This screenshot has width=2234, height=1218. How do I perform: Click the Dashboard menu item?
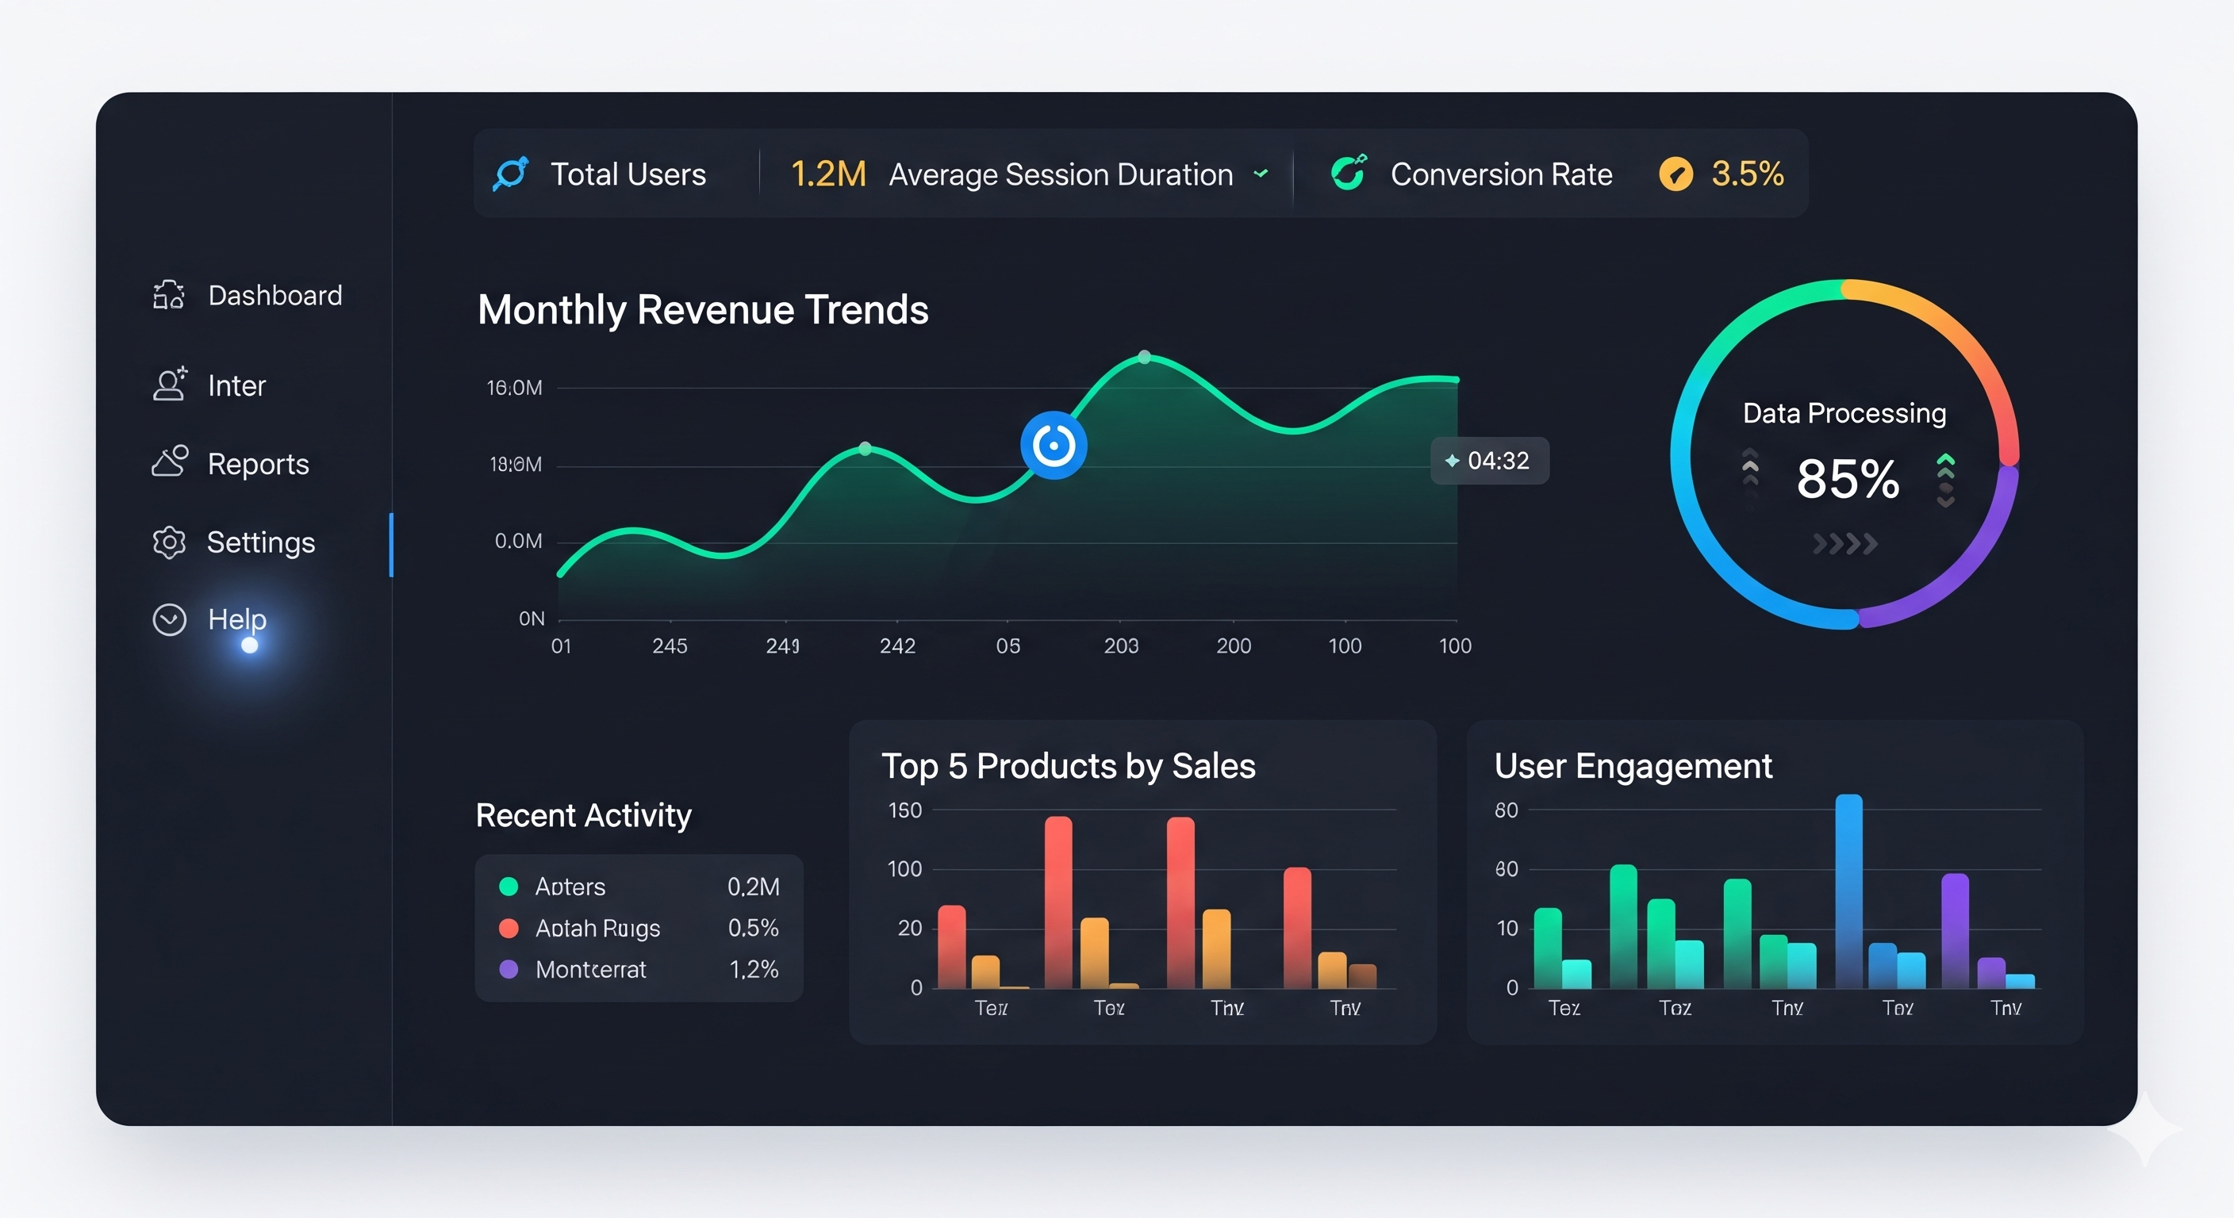coord(274,296)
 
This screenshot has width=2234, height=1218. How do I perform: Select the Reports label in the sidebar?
coord(258,465)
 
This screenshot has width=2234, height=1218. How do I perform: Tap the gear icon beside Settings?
coord(169,542)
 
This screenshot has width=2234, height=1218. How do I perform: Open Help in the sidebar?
coord(236,619)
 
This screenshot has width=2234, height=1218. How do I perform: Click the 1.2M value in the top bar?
coord(827,174)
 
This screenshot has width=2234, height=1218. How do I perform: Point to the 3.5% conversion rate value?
coord(1747,174)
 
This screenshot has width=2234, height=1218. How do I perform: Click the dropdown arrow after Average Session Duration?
coord(1261,174)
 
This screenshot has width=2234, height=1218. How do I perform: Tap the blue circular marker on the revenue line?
coord(1053,446)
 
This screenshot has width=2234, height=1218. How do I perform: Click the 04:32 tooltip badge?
coord(1489,462)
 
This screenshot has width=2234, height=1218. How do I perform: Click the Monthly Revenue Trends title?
coord(702,309)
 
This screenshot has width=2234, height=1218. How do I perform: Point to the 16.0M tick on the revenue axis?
coord(514,388)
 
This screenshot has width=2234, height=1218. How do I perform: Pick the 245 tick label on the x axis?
coord(670,645)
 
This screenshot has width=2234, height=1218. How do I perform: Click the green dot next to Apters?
coord(509,886)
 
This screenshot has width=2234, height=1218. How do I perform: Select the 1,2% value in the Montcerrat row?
coord(754,969)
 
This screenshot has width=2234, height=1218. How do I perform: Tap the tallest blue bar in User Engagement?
coord(1848,891)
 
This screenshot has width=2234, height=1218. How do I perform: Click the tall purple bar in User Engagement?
coord(1955,930)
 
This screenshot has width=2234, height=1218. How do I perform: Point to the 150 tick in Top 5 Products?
coord(904,810)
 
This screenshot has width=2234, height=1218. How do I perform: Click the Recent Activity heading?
coord(584,815)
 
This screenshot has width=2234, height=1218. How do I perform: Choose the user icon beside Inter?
coord(169,384)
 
